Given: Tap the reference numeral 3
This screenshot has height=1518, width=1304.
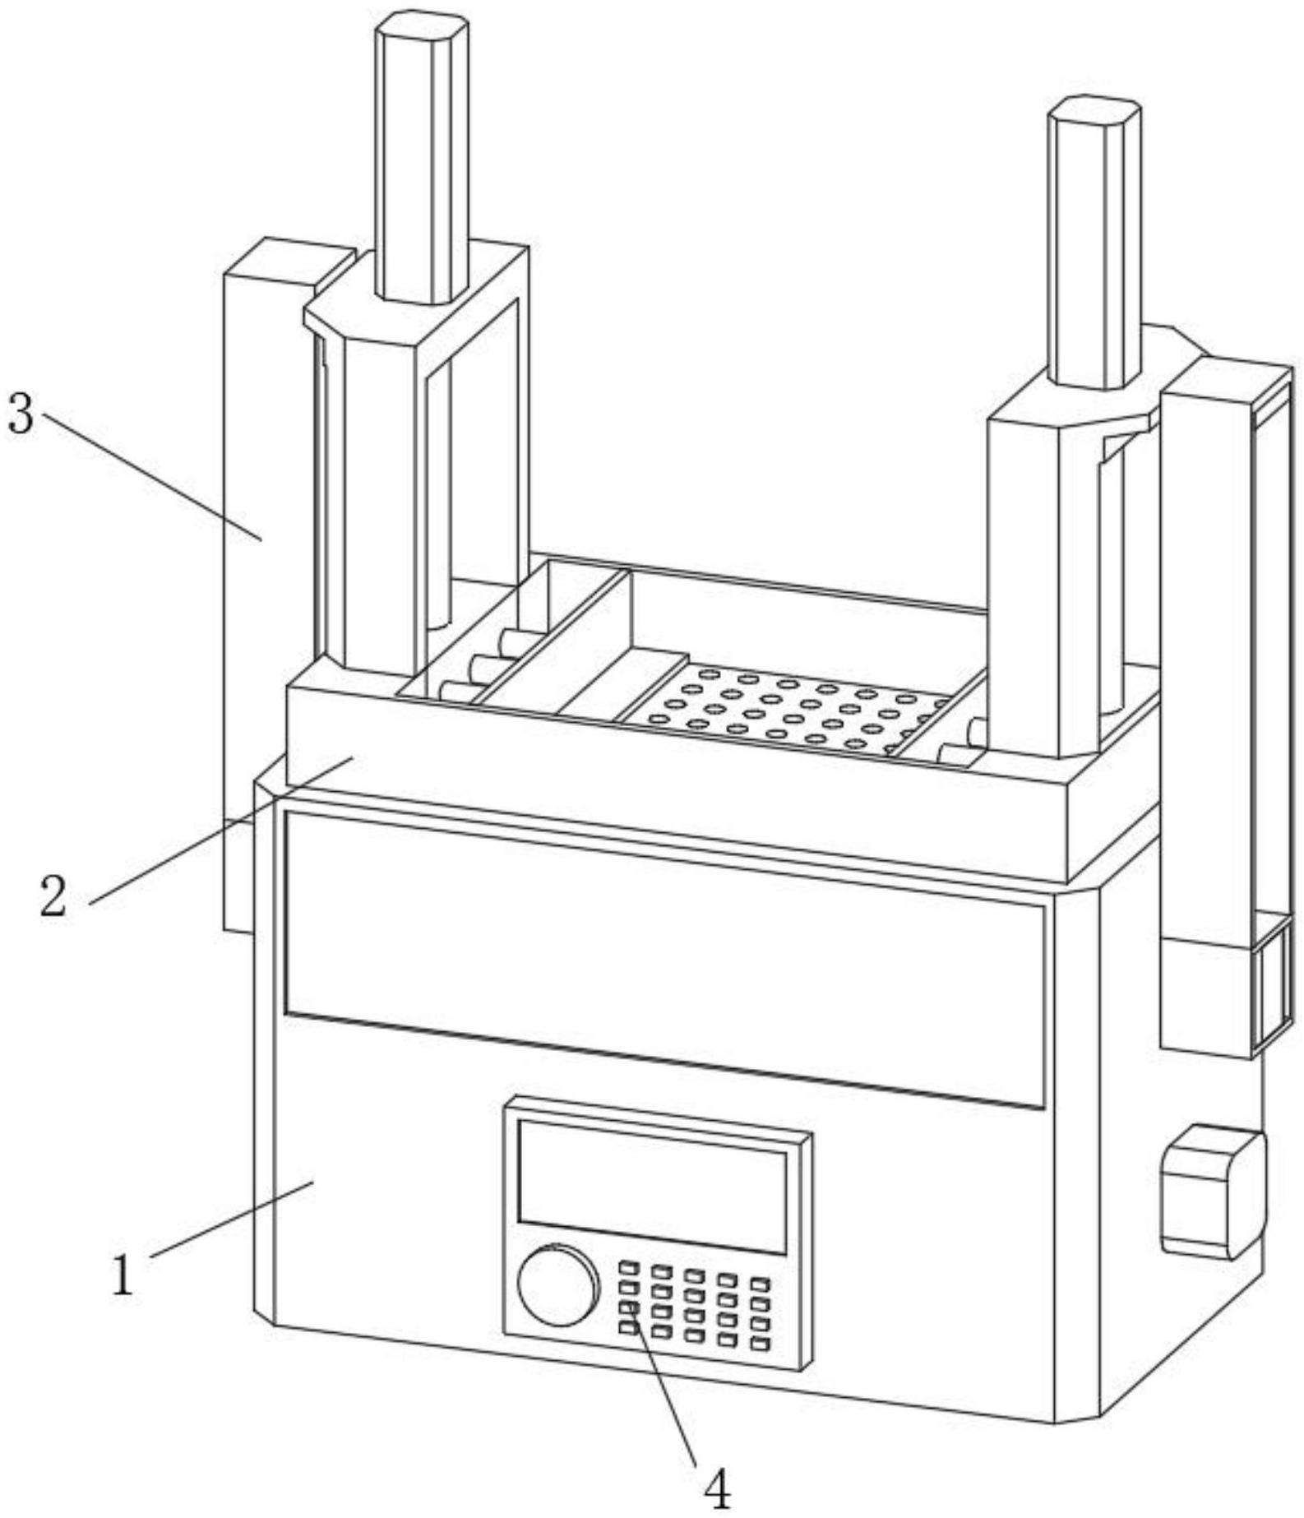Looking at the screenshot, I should [21, 413].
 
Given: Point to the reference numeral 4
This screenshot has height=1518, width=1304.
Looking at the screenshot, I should [718, 1488].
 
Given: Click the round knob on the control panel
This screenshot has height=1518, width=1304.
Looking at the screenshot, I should [557, 1285].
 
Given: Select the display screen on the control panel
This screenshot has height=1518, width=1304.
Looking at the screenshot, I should [652, 1185].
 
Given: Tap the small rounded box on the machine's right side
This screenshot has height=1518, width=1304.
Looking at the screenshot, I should [1212, 1194].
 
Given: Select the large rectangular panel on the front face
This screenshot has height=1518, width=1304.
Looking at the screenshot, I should [664, 957].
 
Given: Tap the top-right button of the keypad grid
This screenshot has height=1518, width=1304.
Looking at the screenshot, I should [760, 1284].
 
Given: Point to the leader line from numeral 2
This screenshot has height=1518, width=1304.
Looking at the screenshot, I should [222, 831].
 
